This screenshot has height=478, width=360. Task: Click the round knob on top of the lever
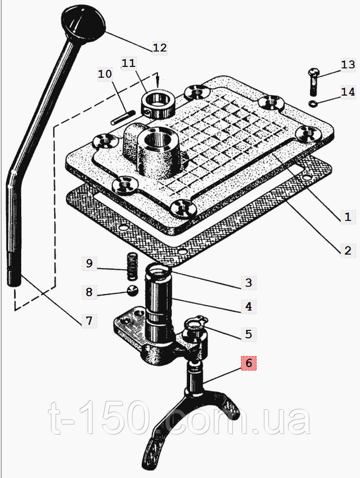(83, 24)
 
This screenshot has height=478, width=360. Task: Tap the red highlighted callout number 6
(249, 363)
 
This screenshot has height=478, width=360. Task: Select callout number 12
(160, 47)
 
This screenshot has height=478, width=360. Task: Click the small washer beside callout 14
(313, 104)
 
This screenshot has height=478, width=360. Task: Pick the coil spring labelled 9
(131, 266)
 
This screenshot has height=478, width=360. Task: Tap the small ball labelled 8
(133, 291)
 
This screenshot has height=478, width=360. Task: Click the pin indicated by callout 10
(123, 118)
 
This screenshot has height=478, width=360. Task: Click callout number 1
(348, 217)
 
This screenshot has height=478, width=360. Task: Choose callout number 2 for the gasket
(348, 251)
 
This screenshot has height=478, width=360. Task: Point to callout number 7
(89, 321)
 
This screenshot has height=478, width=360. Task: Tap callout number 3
(249, 283)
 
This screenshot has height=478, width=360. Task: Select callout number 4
(249, 306)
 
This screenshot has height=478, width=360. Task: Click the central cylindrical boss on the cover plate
(159, 154)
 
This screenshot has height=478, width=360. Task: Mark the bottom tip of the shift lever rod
(14, 285)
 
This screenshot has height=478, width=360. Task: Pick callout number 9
(89, 263)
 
